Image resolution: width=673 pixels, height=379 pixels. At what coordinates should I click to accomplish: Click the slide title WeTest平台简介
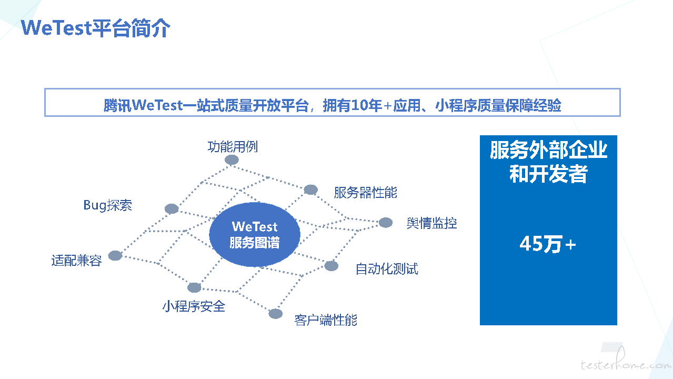point(96,28)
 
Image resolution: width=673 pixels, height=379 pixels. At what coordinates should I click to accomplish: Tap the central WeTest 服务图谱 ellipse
point(255,234)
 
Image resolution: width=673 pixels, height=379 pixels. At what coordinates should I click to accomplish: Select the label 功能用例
point(233,147)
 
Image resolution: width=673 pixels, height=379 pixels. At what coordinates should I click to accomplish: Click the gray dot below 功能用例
point(232,160)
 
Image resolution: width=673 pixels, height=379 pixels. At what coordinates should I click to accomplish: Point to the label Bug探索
point(107,205)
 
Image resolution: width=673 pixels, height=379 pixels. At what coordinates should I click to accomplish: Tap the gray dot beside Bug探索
point(172,208)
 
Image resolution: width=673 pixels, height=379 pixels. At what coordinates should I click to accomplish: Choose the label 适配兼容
point(76,260)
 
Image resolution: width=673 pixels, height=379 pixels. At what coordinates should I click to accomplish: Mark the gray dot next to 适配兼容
point(115,255)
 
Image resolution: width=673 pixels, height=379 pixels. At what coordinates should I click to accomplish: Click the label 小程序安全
point(194,306)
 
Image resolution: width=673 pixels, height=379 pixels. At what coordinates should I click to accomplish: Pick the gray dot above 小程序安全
point(194,287)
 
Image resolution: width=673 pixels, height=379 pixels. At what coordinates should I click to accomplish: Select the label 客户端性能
point(326,320)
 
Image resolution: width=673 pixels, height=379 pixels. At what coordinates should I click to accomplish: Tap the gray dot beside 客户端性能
point(276,314)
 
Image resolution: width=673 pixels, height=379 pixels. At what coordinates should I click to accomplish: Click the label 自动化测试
point(387,268)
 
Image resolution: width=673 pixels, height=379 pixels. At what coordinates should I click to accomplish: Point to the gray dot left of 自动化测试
point(332,266)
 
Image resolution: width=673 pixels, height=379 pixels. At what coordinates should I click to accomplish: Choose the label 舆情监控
point(432,223)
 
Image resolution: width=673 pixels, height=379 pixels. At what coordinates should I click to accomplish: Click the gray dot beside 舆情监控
point(386,223)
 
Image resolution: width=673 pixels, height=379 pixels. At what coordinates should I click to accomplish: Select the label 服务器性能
point(365,192)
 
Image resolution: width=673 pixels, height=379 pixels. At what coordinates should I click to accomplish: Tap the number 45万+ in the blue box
point(548,244)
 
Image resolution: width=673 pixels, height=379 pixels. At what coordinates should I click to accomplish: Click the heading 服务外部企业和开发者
point(549,162)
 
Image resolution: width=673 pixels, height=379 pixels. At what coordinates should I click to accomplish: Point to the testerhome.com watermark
point(626,361)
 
